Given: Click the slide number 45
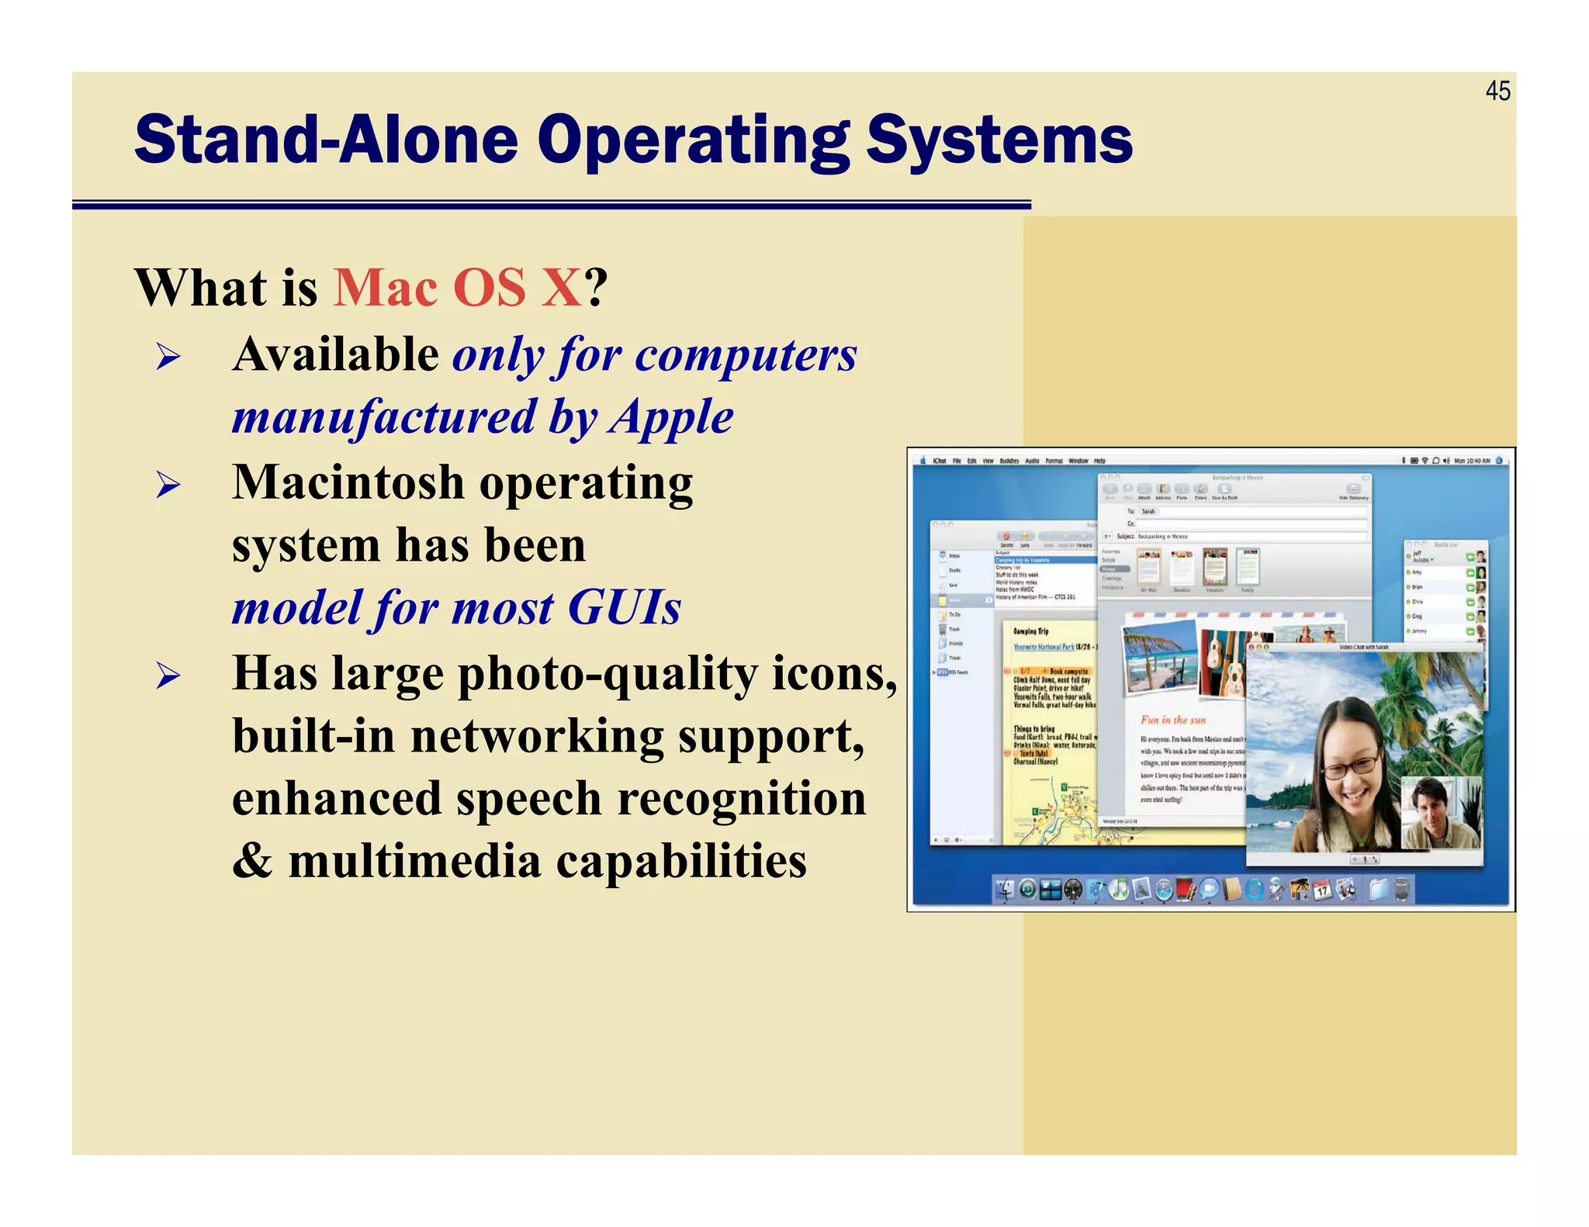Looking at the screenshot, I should click(x=1497, y=92).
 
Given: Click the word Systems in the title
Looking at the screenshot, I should click(x=999, y=140).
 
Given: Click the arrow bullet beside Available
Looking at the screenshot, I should click(x=168, y=358).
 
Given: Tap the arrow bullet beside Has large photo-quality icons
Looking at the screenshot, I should click(x=168, y=676).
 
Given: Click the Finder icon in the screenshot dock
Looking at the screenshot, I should click(x=1006, y=890).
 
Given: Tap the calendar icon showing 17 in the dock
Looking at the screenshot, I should click(x=1322, y=890).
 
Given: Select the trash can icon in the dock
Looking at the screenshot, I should click(x=1401, y=890).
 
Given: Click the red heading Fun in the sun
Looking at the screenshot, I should click(x=1172, y=720).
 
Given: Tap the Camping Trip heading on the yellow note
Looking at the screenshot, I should click(x=1030, y=631).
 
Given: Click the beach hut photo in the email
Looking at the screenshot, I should click(x=1159, y=656).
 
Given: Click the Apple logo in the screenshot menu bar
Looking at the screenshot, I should click(x=923, y=461).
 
